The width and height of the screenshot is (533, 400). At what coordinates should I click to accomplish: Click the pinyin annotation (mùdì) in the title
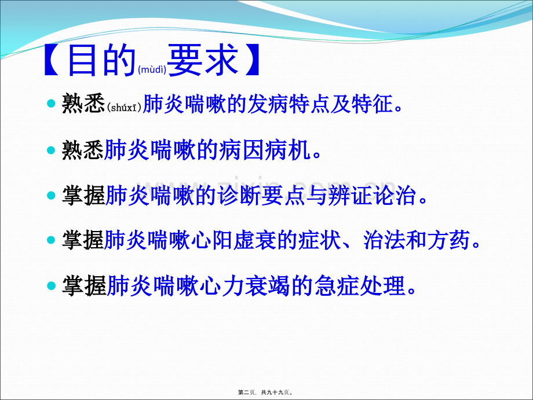click(x=152, y=71)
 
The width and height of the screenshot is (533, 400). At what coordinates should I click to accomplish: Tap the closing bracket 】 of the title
click(x=251, y=61)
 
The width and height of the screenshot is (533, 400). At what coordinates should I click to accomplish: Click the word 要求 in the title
click(x=203, y=60)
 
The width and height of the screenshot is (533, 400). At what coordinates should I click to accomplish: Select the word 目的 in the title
click(x=102, y=61)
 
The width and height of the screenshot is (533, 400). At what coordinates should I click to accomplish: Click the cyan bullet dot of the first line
click(x=51, y=104)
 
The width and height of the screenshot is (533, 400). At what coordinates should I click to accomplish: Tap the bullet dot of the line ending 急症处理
click(x=51, y=285)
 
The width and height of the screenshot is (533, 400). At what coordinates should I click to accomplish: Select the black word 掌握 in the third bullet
click(x=82, y=195)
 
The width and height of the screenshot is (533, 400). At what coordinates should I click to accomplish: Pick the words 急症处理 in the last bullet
click(x=359, y=285)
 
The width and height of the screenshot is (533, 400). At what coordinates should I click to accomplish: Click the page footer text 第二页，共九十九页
click(x=266, y=392)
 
